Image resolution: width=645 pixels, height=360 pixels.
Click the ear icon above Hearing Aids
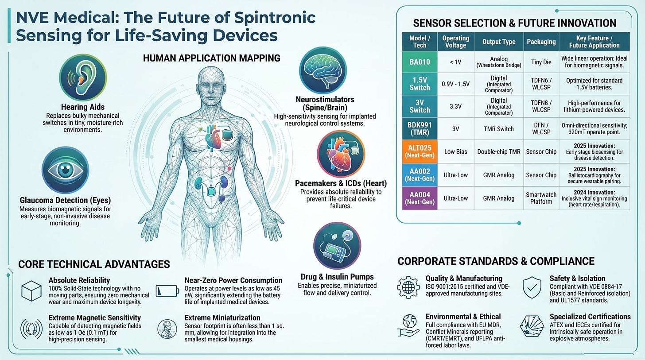(x=83, y=77)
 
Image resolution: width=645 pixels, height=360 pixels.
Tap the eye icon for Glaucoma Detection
(x=66, y=170)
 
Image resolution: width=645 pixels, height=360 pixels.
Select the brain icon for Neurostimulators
(x=323, y=70)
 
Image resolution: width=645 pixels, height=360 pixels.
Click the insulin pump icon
(x=337, y=246)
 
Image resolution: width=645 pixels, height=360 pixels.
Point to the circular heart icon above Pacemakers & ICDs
(x=341, y=154)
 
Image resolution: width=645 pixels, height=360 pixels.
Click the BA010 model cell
(x=420, y=62)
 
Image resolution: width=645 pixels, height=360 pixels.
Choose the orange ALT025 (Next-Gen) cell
(x=420, y=151)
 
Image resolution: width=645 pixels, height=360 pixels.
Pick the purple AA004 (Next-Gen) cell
(x=420, y=198)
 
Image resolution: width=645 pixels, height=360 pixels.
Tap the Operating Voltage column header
(x=455, y=42)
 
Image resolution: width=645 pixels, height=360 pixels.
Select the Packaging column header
(x=541, y=42)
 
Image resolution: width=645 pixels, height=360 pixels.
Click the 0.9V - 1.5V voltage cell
(x=455, y=84)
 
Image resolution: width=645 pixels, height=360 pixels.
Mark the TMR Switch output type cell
(x=499, y=129)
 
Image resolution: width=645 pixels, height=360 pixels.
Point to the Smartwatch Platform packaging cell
(x=541, y=198)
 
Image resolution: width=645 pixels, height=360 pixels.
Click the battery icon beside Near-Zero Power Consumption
(x=167, y=290)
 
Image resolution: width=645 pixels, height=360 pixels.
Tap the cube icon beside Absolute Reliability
(x=31, y=291)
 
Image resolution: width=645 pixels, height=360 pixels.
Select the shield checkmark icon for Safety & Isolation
(x=532, y=287)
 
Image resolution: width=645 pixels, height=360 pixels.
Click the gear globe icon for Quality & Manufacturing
(x=408, y=287)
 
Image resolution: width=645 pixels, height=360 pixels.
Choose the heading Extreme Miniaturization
(x=222, y=317)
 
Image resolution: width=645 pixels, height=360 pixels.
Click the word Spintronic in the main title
(x=275, y=18)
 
